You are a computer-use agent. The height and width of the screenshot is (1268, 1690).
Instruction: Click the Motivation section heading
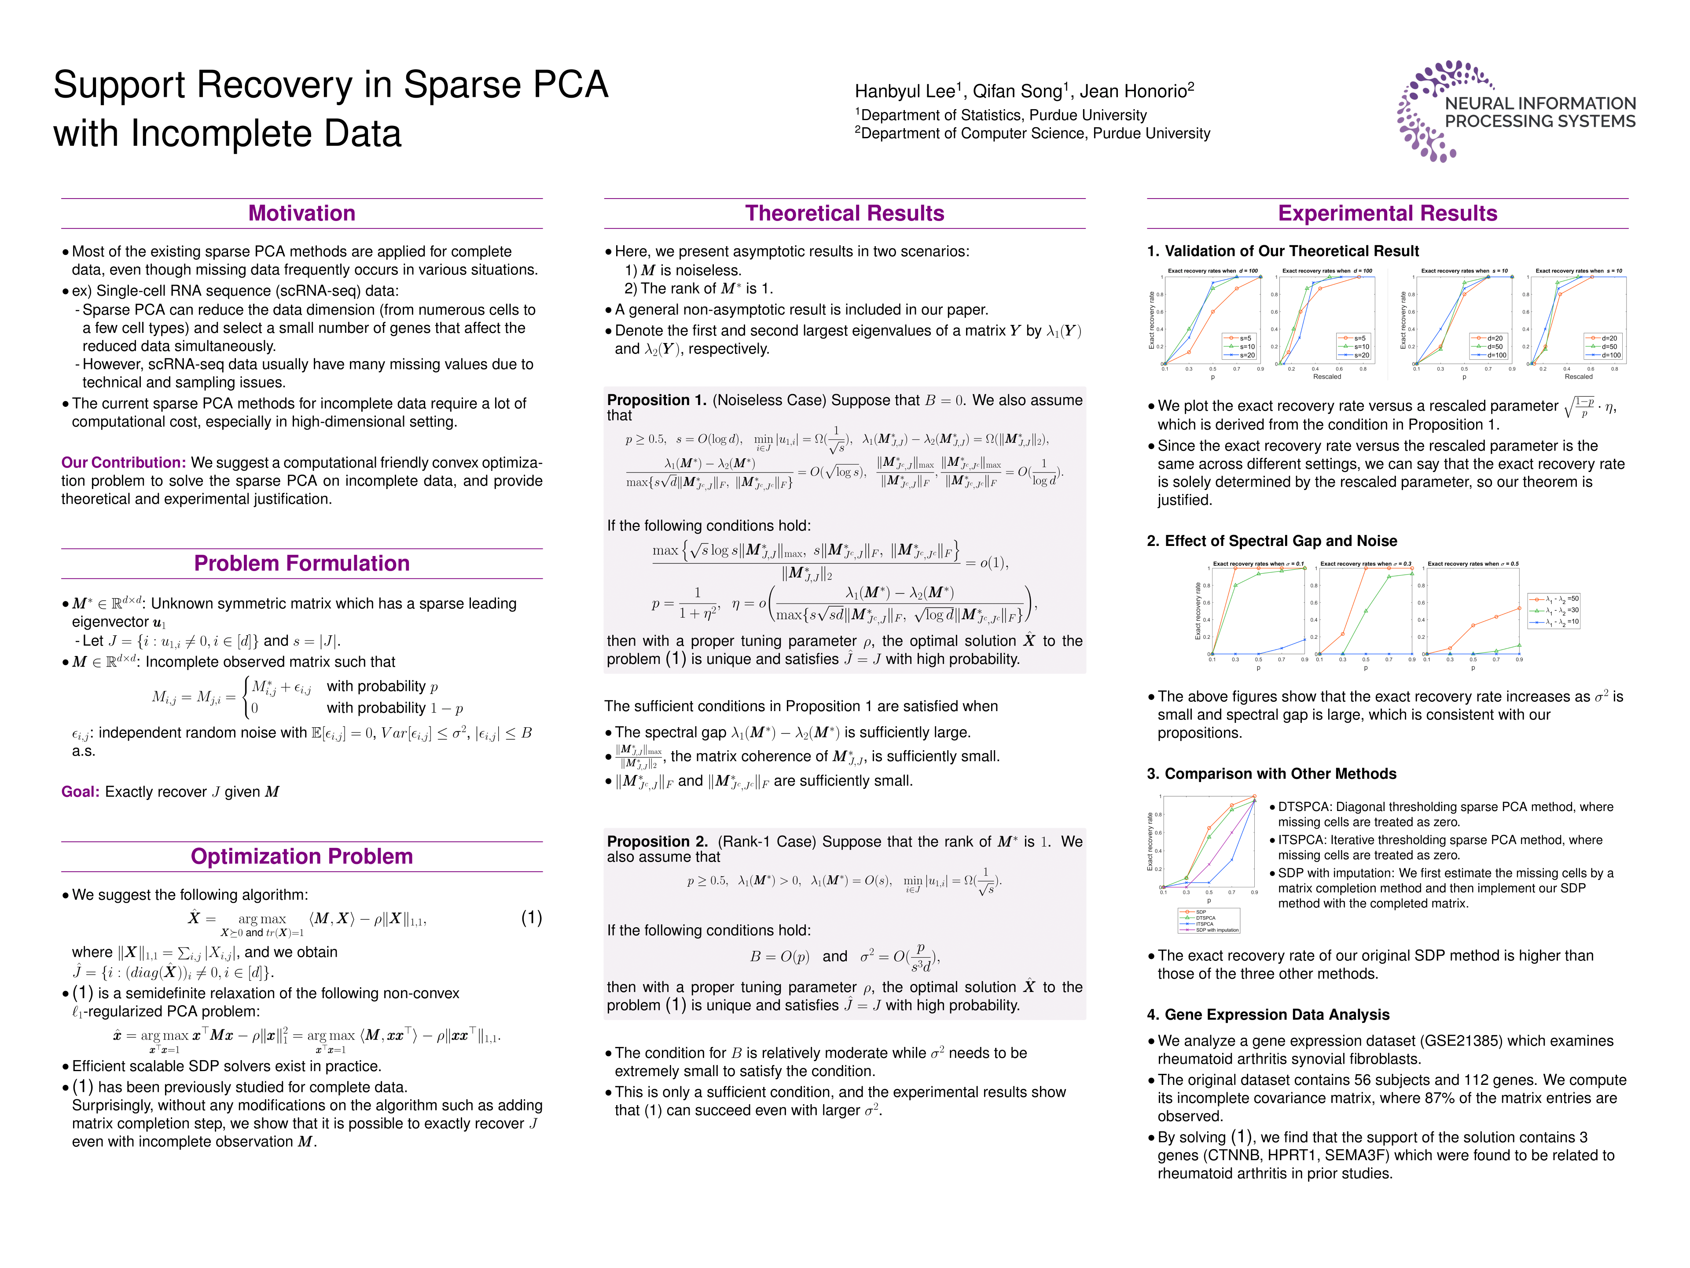coord(302,213)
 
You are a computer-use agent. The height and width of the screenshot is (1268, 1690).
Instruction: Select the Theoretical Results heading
coord(844,213)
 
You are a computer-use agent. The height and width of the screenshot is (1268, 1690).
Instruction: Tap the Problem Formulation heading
coord(302,563)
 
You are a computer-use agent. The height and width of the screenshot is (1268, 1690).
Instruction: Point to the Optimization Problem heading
coord(302,856)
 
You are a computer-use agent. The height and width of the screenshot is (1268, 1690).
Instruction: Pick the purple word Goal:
coord(80,792)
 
